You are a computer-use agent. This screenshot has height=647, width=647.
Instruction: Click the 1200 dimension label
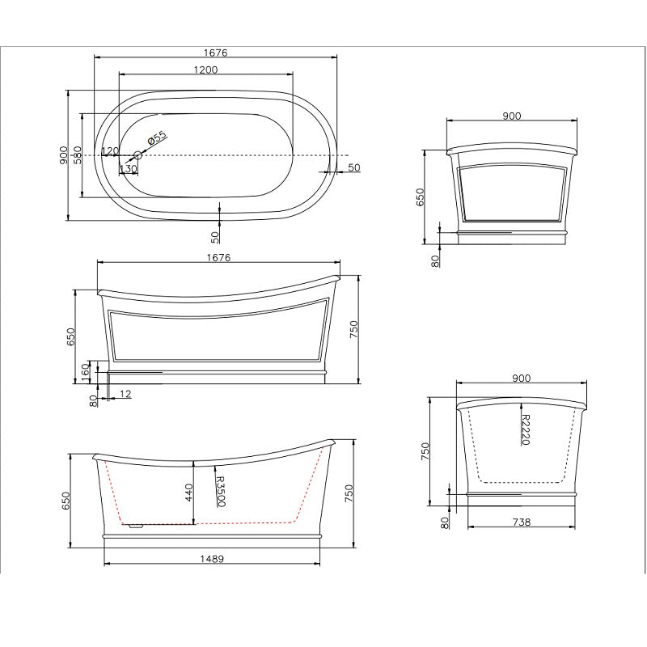(x=205, y=70)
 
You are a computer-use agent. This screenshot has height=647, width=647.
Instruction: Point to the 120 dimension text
(x=110, y=152)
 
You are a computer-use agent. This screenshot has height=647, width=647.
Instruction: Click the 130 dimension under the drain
(x=128, y=168)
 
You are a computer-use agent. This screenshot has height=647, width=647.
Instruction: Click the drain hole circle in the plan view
(x=137, y=154)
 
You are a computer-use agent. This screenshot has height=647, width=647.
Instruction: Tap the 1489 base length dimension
(x=213, y=559)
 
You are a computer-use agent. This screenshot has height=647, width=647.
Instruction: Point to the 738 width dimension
(x=522, y=522)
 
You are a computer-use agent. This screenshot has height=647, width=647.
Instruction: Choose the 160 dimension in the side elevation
(x=86, y=371)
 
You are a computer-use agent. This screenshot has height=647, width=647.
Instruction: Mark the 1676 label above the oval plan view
(x=215, y=53)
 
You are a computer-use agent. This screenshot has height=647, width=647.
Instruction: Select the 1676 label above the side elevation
(x=218, y=258)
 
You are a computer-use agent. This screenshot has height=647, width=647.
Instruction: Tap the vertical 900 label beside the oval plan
(x=63, y=154)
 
